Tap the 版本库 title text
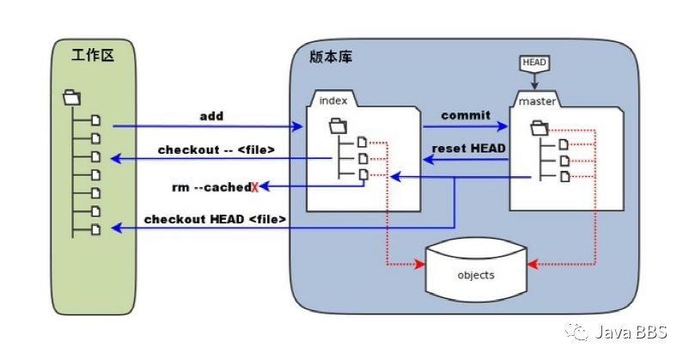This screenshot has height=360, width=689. (x=331, y=57)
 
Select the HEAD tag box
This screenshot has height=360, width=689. (x=534, y=63)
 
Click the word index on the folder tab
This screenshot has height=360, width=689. (x=333, y=101)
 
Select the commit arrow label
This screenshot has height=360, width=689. (x=466, y=115)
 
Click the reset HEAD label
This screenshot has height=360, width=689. (x=468, y=148)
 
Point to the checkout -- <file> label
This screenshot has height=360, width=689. (x=216, y=149)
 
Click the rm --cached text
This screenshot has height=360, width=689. (x=211, y=186)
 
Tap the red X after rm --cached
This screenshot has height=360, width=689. (x=254, y=186)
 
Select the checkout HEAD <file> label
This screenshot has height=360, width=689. (x=215, y=219)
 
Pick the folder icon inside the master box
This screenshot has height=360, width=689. (x=540, y=128)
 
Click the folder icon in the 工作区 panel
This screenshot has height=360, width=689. (x=71, y=98)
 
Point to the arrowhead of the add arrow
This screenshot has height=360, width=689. (x=301, y=126)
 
